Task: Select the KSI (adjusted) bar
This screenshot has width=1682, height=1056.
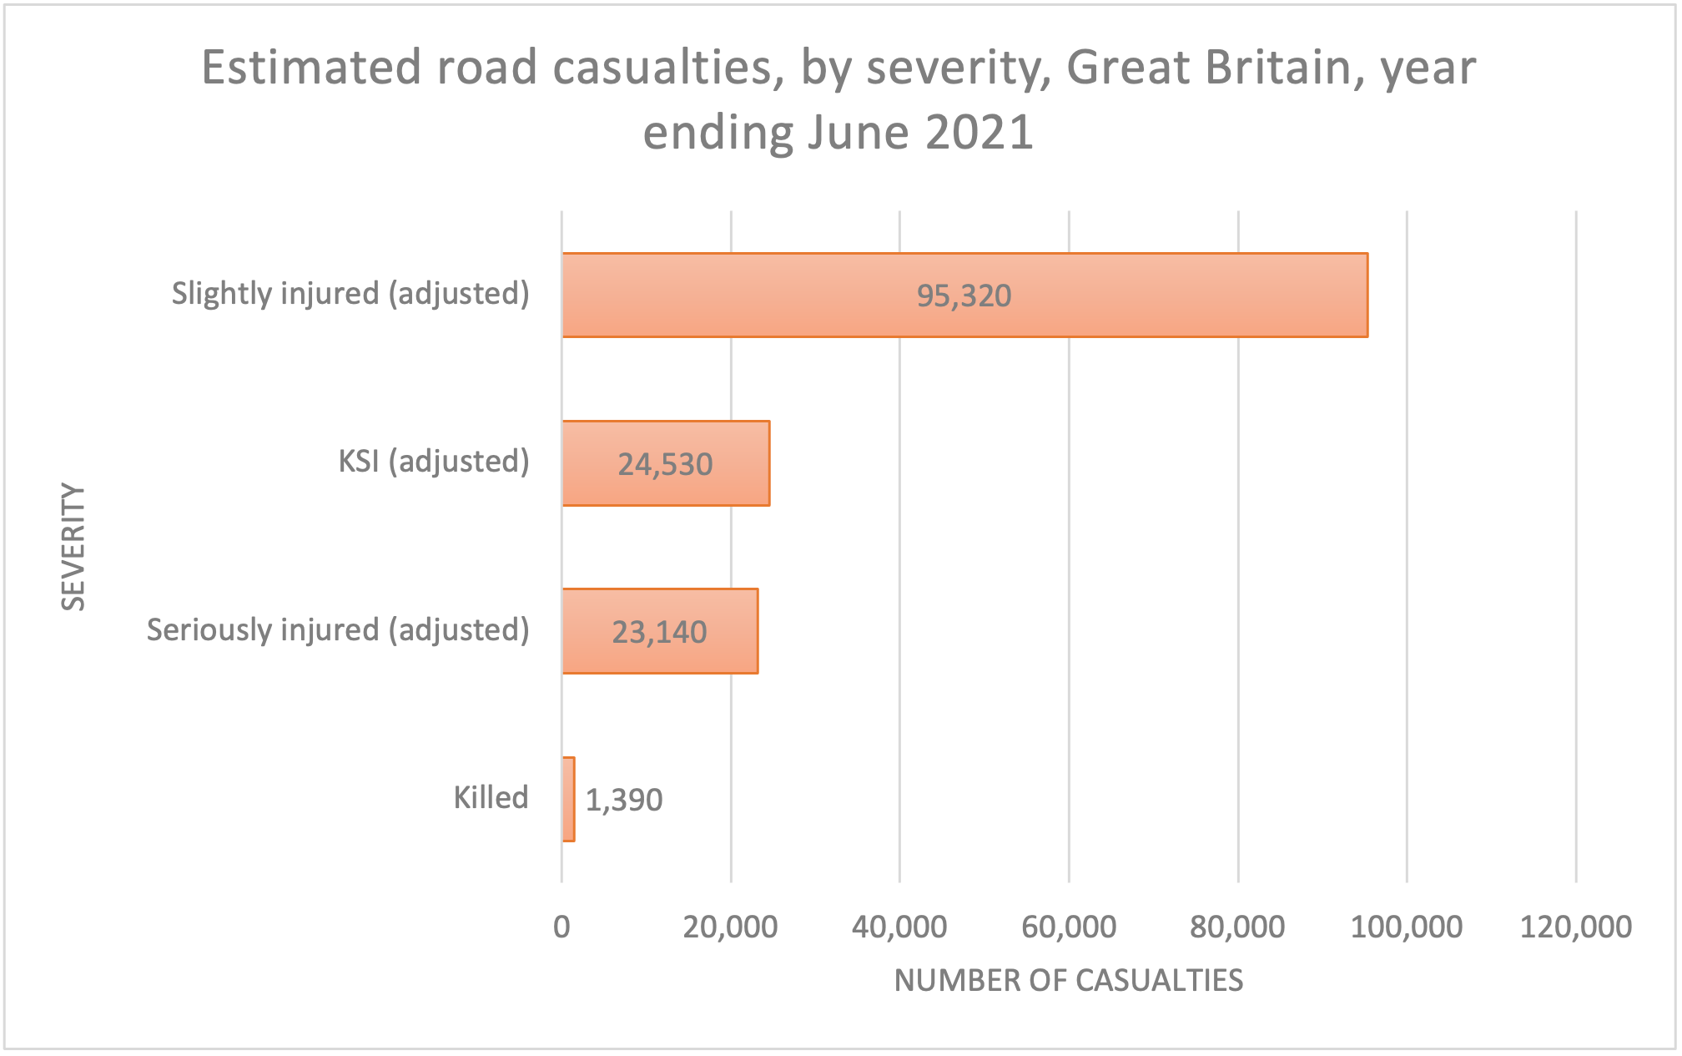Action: pyautogui.click(x=584, y=463)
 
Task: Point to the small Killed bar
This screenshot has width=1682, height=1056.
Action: pyautogui.click(x=568, y=799)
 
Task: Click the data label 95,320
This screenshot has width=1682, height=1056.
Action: pyautogui.click(x=964, y=296)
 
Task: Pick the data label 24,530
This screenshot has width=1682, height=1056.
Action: pyautogui.click(x=665, y=464)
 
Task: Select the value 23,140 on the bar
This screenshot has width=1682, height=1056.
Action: pyautogui.click(x=659, y=632)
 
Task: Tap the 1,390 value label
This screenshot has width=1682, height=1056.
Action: pyautogui.click(x=624, y=800)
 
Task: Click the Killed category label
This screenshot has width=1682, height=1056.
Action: pyautogui.click(x=491, y=797)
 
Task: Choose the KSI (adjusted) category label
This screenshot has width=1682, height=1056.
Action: pyautogui.click(x=433, y=461)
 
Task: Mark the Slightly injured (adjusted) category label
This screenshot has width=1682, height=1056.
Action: pyautogui.click(x=350, y=293)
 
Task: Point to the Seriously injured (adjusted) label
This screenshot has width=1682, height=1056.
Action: pyautogui.click(x=338, y=629)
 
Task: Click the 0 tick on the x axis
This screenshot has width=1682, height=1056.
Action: pyautogui.click(x=562, y=927)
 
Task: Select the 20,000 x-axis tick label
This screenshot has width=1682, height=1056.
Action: pyautogui.click(x=730, y=927)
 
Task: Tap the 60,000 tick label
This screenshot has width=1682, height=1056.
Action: pyautogui.click(x=1069, y=927)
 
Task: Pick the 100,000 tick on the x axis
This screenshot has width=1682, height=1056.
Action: pyautogui.click(x=1406, y=927)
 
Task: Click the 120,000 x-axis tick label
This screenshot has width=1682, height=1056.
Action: pyautogui.click(x=1575, y=927)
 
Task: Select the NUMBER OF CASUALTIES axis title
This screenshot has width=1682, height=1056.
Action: pyautogui.click(x=1068, y=980)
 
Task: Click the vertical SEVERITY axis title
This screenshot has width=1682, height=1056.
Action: pyautogui.click(x=73, y=547)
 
